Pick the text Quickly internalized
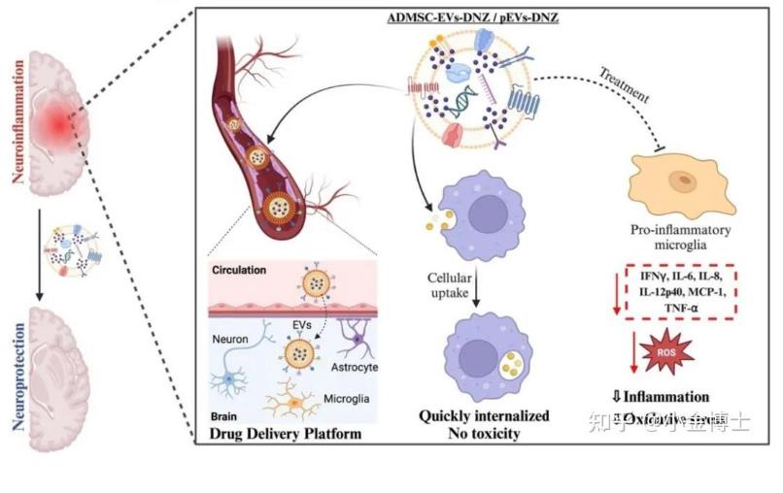coord(484,416)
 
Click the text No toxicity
coord(484,434)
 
